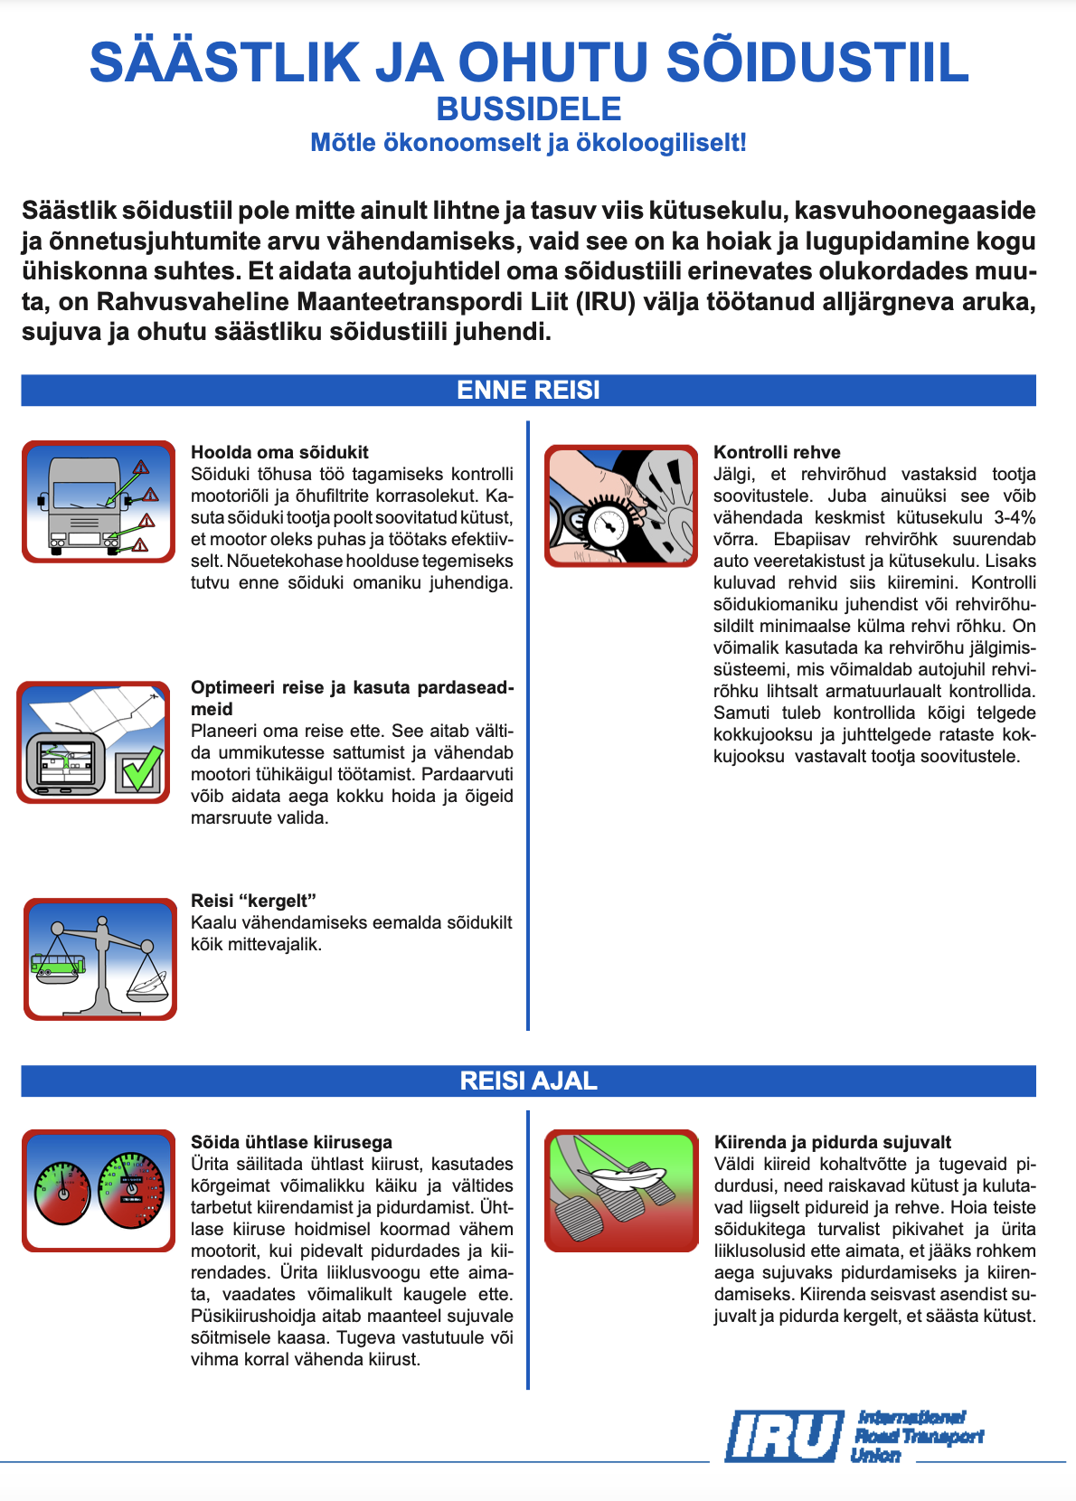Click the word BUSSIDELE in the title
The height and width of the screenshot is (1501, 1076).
[x=529, y=109]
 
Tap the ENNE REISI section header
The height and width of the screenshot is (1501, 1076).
[x=529, y=390]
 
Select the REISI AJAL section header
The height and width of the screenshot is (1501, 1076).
[x=529, y=1081]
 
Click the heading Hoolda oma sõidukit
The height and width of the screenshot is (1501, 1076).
[x=279, y=452]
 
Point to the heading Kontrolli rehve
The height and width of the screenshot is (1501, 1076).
[x=777, y=452]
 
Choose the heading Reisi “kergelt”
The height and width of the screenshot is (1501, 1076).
[x=253, y=901]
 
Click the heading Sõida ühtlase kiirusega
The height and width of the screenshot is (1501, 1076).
[x=291, y=1142]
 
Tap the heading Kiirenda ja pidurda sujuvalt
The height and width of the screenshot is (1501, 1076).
[x=832, y=1142]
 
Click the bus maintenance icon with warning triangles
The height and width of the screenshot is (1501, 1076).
[x=99, y=502]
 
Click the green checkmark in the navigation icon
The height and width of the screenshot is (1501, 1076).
[x=140, y=769]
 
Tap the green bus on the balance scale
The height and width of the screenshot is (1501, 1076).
[x=59, y=965]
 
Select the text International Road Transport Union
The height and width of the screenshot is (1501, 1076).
[x=917, y=1436]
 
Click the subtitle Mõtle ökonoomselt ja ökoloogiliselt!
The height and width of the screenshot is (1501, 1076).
[x=529, y=143]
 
